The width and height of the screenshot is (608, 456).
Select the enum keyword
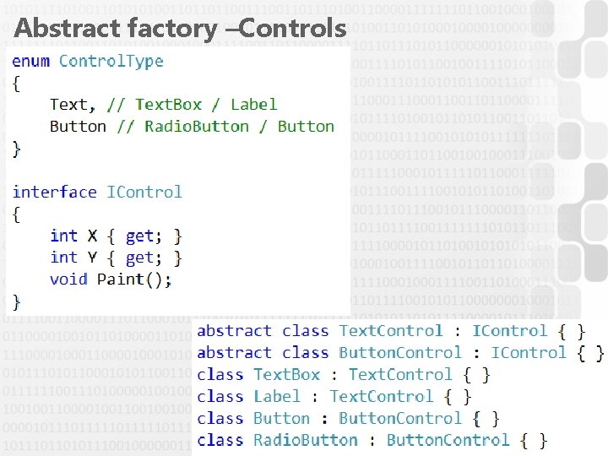click(x=30, y=61)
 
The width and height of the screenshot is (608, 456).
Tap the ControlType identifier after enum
click(x=111, y=61)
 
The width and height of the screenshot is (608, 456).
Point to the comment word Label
click(x=253, y=105)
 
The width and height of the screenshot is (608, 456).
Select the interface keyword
click(x=55, y=192)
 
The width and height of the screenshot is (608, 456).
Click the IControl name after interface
click(x=144, y=192)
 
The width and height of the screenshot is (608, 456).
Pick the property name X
click(x=93, y=236)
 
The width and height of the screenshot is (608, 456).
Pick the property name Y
click(x=93, y=258)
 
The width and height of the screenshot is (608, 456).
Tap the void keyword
click(x=68, y=280)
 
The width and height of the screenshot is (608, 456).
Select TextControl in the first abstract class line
click(x=391, y=331)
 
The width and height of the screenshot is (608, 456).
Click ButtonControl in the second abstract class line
click(x=400, y=353)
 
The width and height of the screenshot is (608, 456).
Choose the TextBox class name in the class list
click(x=287, y=375)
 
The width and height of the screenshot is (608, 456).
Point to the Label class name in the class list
click(x=277, y=397)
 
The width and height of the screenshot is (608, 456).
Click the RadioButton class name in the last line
click(x=306, y=441)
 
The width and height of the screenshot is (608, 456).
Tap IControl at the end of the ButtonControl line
click(x=529, y=353)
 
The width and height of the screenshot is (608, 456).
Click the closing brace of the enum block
click(x=17, y=149)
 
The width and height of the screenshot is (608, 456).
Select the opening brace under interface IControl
click(x=17, y=214)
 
